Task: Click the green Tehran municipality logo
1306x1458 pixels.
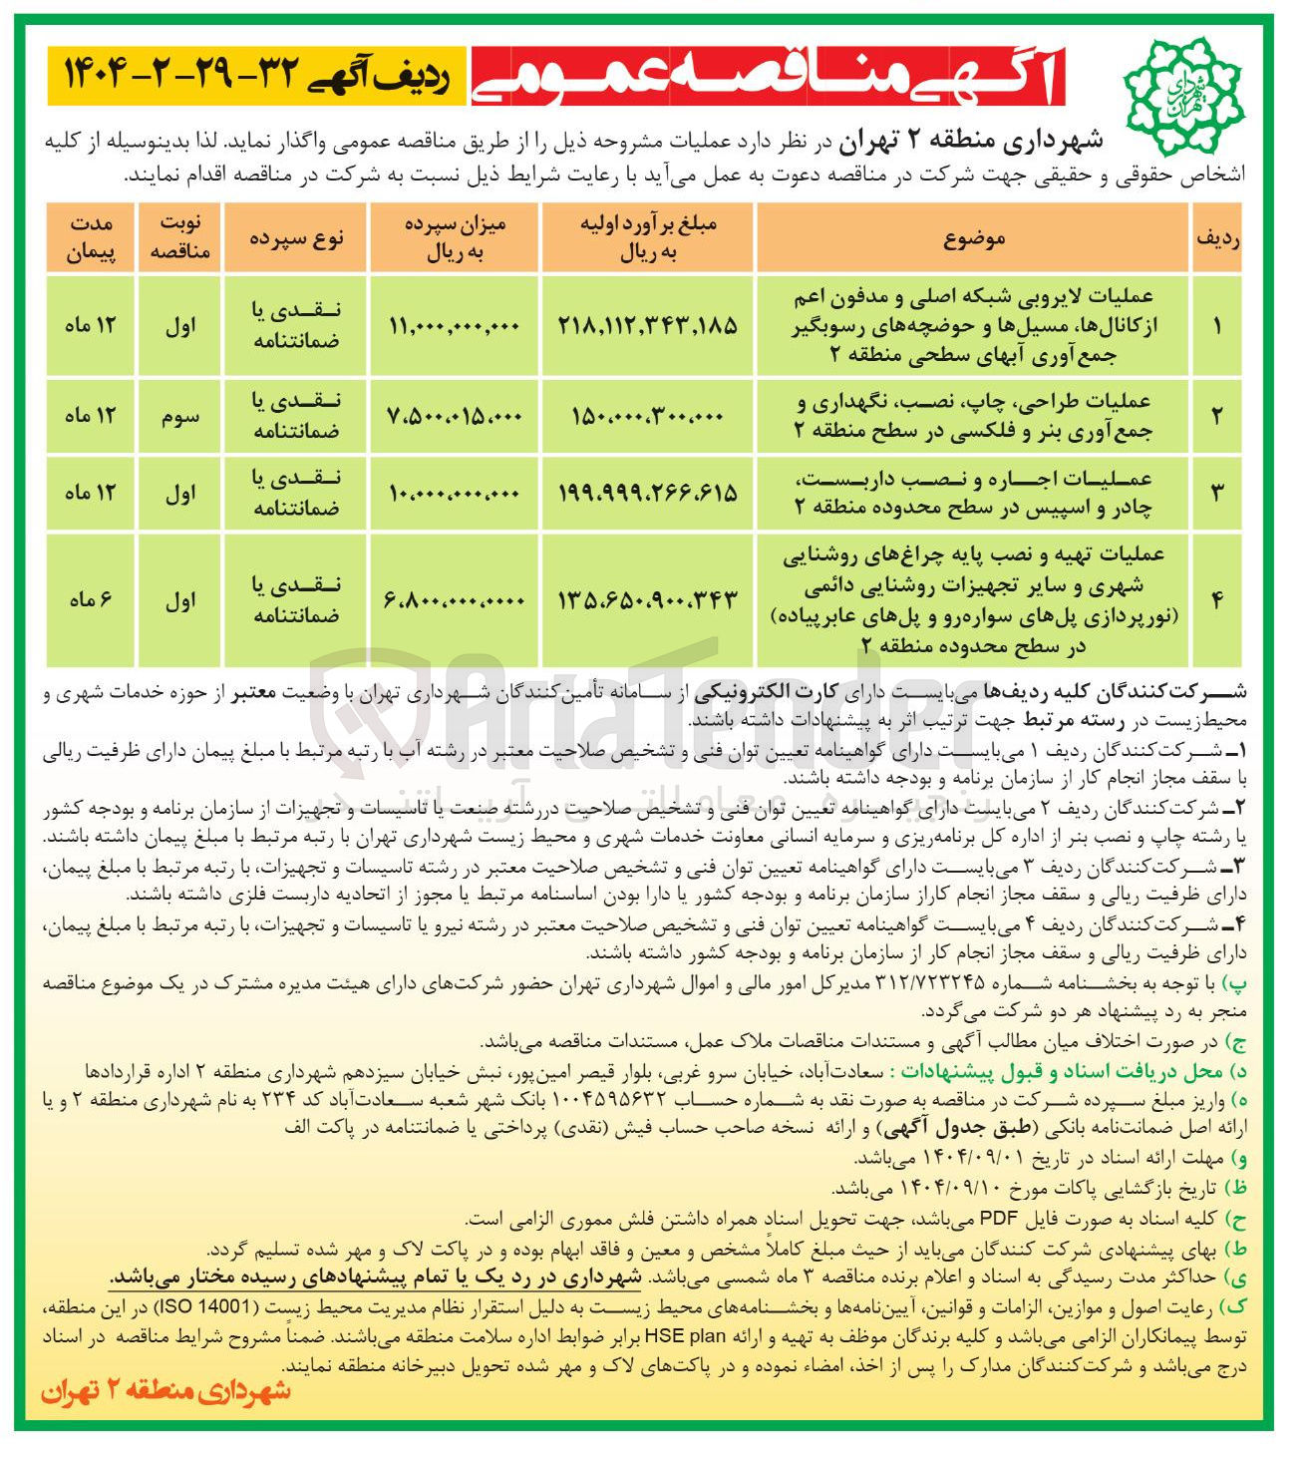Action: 1183,84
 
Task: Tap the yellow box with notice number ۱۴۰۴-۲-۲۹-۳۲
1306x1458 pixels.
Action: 255,76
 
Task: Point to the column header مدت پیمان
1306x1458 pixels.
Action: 91,239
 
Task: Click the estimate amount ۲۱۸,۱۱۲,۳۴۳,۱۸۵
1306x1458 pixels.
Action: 648,324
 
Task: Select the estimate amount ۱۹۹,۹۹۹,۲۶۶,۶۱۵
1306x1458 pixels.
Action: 648,492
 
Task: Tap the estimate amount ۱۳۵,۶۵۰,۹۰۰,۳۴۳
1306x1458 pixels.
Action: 648,599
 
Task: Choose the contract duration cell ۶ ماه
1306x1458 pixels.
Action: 91,599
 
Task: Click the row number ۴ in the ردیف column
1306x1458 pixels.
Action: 1216,599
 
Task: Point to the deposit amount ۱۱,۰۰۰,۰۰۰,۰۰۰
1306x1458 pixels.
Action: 454,325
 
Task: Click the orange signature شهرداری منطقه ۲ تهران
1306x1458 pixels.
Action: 165,1391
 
